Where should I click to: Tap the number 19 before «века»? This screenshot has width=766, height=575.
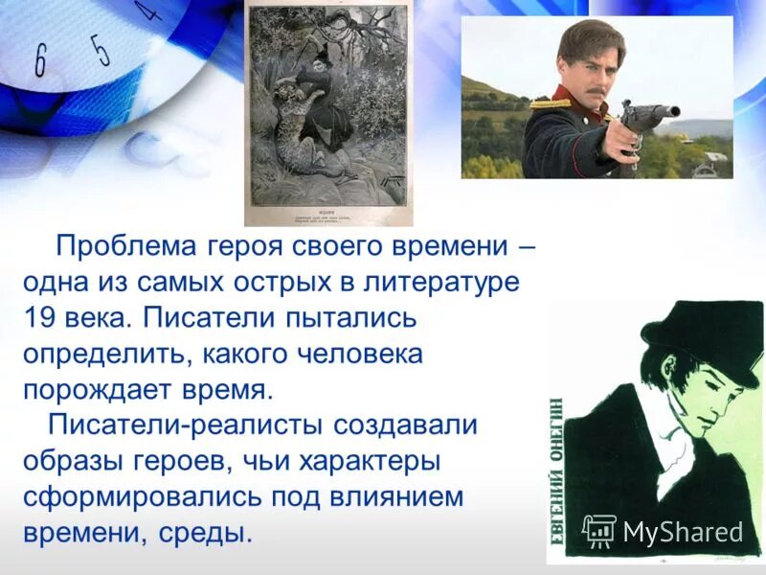tap(39, 318)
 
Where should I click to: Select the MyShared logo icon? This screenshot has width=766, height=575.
tap(599, 531)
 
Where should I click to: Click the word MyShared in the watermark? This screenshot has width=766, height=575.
tap(683, 532)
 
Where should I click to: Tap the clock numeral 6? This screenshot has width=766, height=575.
tap(40, 61)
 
